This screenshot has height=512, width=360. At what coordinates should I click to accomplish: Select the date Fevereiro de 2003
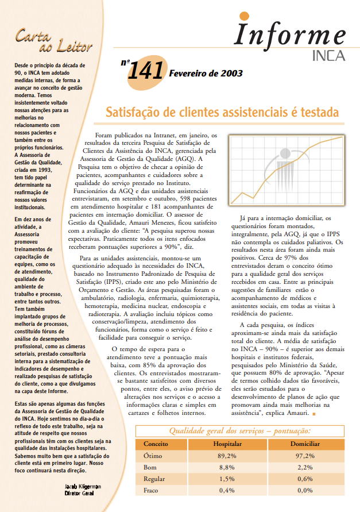coord(206,74)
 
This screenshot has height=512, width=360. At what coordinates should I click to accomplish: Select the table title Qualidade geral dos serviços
coord(240,431)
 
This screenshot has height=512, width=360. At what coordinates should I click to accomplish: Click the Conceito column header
coord(156,444)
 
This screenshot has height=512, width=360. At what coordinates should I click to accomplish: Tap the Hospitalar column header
coord(227,444)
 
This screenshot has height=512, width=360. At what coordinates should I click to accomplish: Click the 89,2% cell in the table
coord(227,456)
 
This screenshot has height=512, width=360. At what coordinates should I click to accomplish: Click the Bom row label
coord(149,467)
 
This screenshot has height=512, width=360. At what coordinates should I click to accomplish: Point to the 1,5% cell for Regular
coord(227,479)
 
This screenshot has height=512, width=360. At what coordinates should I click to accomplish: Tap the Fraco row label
coord(151,490)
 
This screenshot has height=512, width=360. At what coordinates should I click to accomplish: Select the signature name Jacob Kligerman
coord(84,486)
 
